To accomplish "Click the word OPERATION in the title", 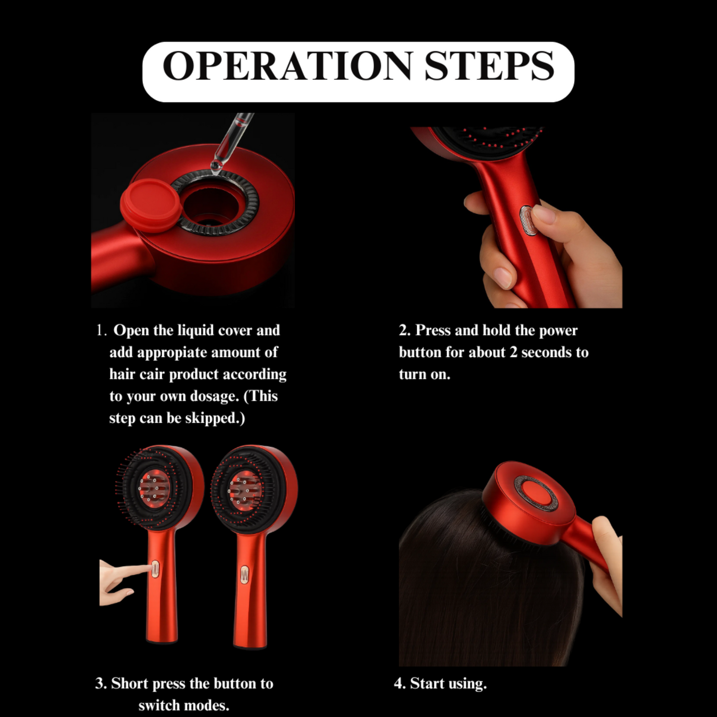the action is click(288, 65).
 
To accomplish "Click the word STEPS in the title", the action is click(489, 65).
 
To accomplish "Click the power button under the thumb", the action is click(526, 222).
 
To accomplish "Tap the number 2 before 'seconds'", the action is click(514, 352).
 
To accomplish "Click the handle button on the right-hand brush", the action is click(245, 575).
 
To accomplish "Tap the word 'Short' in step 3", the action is click(130, 684).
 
